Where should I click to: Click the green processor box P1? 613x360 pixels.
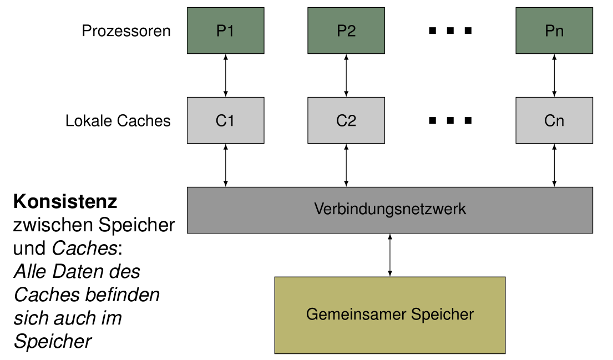tap(225, 31)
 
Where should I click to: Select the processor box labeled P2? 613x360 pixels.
tap(346, 31)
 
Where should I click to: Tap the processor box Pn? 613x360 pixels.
tap(554, 31)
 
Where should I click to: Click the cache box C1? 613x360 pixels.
tap(225, 120)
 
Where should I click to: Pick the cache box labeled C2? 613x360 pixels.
tap(346, 120)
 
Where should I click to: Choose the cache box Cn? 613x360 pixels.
tap(554, 120)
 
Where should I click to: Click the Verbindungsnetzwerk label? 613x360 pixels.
tap(389, 209)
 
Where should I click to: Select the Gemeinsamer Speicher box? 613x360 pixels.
tap(389, 315)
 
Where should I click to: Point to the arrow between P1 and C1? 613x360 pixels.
tap(225, 75)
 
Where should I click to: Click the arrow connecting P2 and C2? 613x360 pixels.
tap(346, 75)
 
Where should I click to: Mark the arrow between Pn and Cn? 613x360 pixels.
tap(554, 75)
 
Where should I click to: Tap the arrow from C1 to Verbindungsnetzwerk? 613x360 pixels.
tap(225, 165)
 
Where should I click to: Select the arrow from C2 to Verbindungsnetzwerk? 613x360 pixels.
tap(346, 165)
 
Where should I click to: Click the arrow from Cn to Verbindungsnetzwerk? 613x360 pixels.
tap(554, 165)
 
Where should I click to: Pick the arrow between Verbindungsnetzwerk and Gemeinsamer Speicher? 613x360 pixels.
tap(390, 255)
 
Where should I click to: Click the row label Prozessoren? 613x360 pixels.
tap(126, 31)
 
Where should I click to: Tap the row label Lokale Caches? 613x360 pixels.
tap(118, 121)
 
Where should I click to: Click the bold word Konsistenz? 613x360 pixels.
tap(65, 201)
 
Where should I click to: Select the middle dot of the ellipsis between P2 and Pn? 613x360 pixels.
tap(450, 31)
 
